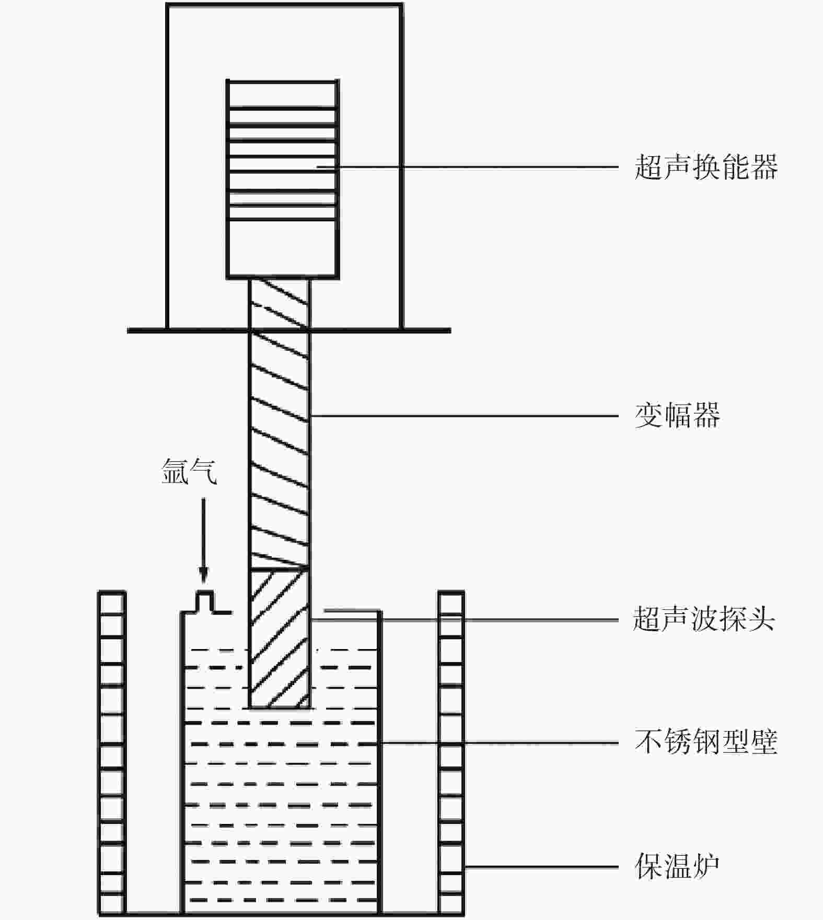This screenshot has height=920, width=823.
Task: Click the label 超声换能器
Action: pos(705,167)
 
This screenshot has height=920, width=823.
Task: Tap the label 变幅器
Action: pos(677,416)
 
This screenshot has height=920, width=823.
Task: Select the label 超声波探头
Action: pos(703,620)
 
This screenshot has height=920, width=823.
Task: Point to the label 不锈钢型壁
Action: pos(705,742)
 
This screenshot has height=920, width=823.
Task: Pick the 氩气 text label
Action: pos(189,471)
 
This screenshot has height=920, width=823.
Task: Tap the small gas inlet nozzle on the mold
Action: pos(205,601)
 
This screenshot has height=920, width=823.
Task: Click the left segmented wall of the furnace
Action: pos(112,752)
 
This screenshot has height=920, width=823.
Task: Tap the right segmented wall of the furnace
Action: pos(451,752)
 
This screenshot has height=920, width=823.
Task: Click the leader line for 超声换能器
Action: pos(470,167)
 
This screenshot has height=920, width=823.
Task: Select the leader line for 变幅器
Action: pos(465,416)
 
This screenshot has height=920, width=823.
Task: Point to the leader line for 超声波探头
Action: pos(465,620)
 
